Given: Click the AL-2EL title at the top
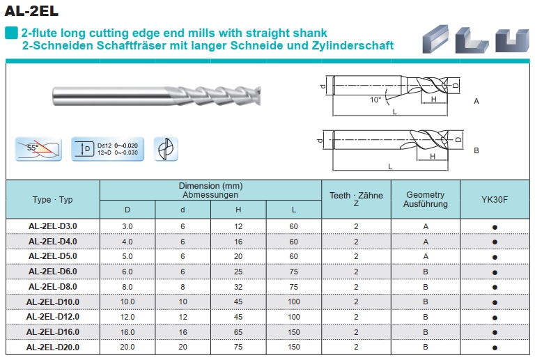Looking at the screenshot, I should click(31, 10).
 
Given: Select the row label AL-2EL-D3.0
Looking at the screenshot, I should click(52, 226).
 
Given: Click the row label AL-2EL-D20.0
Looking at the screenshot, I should click(52, 347).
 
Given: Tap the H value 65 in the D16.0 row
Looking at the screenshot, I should click(238, 332).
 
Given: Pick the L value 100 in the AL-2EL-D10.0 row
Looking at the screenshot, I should click(293, 302).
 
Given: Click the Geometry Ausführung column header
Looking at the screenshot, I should click(425, 200).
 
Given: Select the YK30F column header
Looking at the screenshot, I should click(495, 200).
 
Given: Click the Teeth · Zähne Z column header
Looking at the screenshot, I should click(356, 200).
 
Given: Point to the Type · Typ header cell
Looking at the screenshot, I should click(52, 200).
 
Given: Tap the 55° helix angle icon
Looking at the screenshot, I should click(38, 149).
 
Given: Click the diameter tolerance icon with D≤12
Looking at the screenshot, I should click(107, 149).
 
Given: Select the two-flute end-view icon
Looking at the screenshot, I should click(166, 149).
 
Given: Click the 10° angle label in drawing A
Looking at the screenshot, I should click(375, 100).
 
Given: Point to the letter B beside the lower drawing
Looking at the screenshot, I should click(476, 150).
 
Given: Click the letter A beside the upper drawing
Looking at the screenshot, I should click(476, 101).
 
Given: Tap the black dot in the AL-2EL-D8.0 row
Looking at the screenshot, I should click(495, 287).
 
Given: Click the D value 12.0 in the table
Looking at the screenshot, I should click(127, 317).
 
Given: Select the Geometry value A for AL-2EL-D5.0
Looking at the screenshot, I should click(425, 256).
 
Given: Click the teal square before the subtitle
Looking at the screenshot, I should click(11, 33).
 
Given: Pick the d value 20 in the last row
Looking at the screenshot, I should click(183, 347).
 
